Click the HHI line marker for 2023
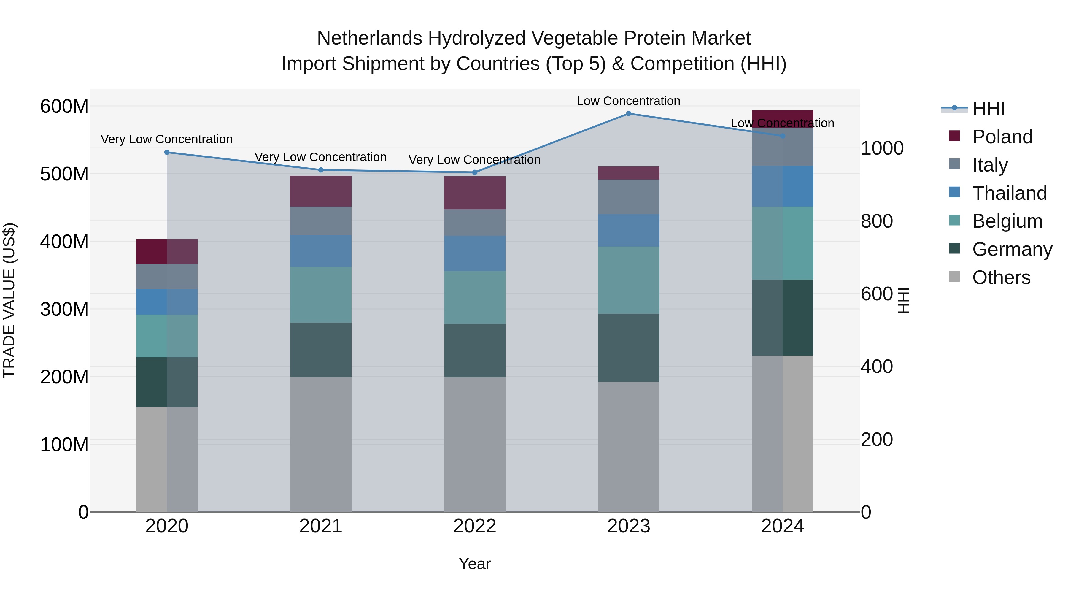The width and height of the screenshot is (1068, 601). (629, 114)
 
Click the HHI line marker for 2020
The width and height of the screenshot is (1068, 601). (167, 152)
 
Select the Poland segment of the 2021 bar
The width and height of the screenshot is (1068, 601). (320, 191)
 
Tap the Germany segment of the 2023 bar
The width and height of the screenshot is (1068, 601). (629, 348)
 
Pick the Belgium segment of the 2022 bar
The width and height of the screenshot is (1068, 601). (475, 297)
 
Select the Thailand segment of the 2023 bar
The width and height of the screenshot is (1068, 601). (629, 231)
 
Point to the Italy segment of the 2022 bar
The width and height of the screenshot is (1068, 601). (475, 223)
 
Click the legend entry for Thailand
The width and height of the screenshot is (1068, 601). (1009, 193)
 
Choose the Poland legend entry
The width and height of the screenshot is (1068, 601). (1002, 137)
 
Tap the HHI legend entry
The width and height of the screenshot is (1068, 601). (988, 109)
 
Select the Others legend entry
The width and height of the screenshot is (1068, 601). (1001, 277)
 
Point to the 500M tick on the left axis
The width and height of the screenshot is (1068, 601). (64, 174)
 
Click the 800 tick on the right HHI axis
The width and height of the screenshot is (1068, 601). (876, 221)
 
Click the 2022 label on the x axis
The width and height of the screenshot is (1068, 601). (475, 526)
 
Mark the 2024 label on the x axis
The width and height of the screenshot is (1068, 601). (782, 526)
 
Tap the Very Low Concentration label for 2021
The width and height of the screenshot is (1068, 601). (320, 157)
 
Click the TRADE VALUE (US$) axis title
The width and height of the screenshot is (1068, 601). (9, 300)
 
